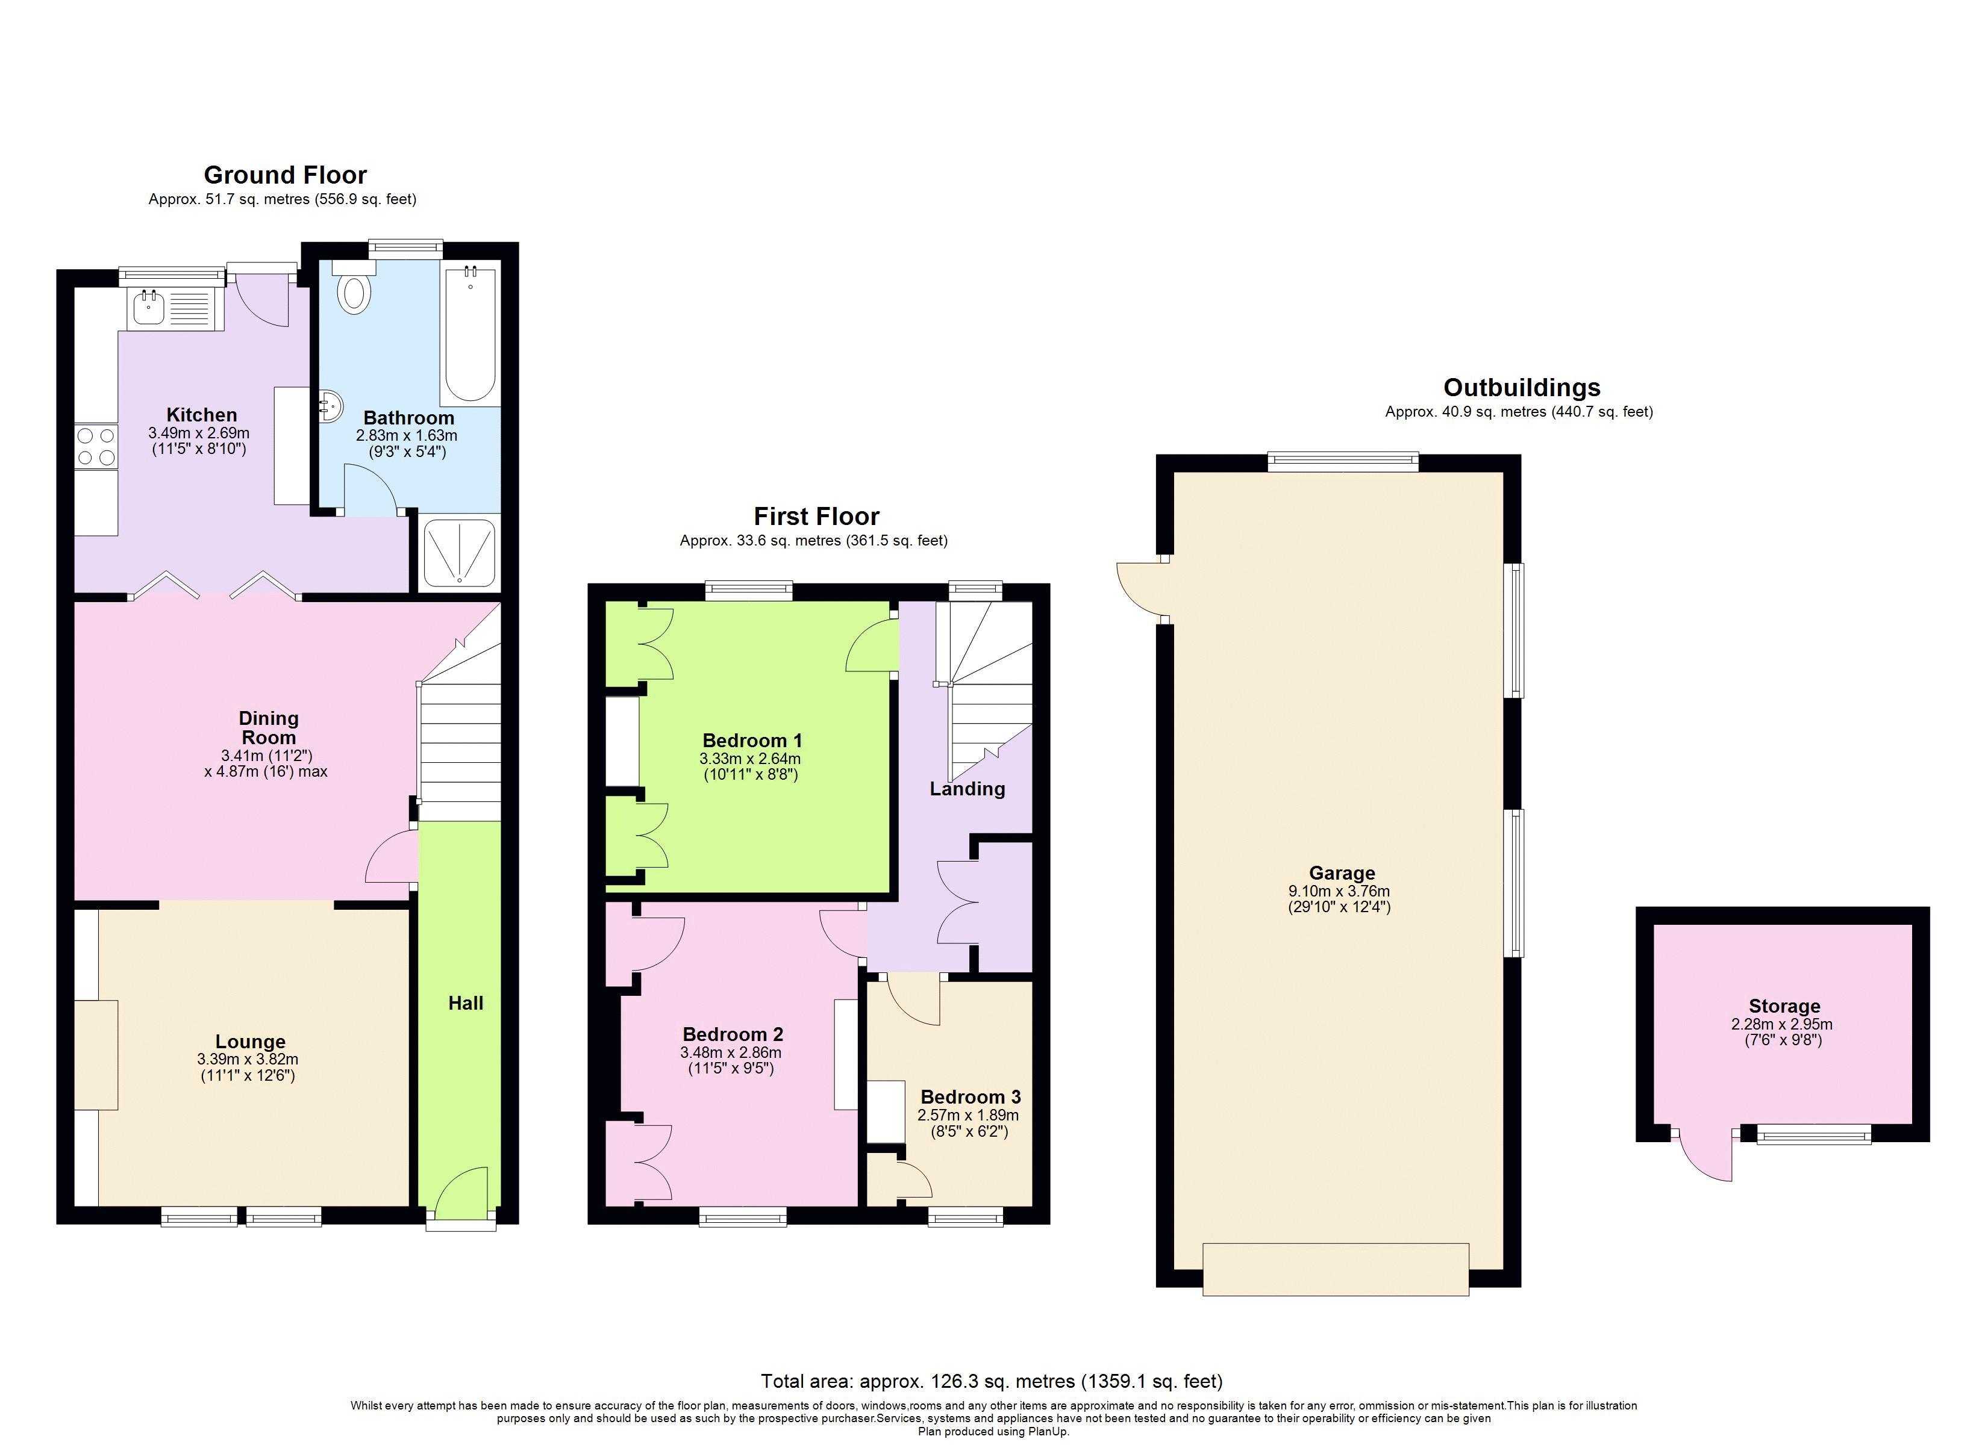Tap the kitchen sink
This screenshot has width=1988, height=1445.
(150, 308)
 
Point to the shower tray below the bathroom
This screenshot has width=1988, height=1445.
(459, 554)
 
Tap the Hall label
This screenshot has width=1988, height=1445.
(466, 1003)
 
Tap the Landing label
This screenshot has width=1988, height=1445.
(967, 789)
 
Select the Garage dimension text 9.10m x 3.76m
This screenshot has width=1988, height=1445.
(1339, 891)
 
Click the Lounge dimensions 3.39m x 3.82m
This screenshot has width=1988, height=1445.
(248, 1060)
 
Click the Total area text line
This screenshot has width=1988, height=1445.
(992, 1382)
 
